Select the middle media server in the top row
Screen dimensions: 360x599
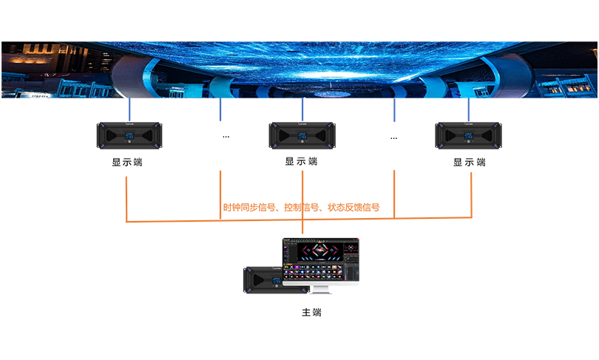[301, 135]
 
